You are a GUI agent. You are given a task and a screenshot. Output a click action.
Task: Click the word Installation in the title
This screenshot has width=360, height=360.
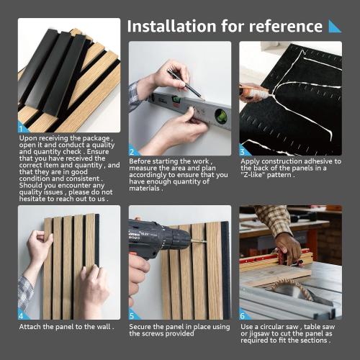[171, 26]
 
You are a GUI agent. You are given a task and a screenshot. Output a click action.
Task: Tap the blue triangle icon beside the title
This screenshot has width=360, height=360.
[335, 26]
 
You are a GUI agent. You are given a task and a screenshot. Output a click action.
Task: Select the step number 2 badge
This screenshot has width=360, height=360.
[132, 152]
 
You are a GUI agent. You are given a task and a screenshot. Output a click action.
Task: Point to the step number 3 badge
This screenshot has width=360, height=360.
[243, 152]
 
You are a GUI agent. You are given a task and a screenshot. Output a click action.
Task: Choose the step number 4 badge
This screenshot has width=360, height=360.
[22, 315]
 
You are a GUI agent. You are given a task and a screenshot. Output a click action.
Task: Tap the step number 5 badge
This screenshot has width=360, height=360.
[132, 315]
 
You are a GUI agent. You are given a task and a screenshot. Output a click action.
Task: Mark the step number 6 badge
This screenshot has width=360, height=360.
[243, 315]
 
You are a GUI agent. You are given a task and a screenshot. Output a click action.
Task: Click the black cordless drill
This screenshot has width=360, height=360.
[155, 241]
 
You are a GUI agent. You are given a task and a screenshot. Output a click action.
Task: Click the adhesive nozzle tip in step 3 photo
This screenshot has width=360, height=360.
[268, 91]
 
